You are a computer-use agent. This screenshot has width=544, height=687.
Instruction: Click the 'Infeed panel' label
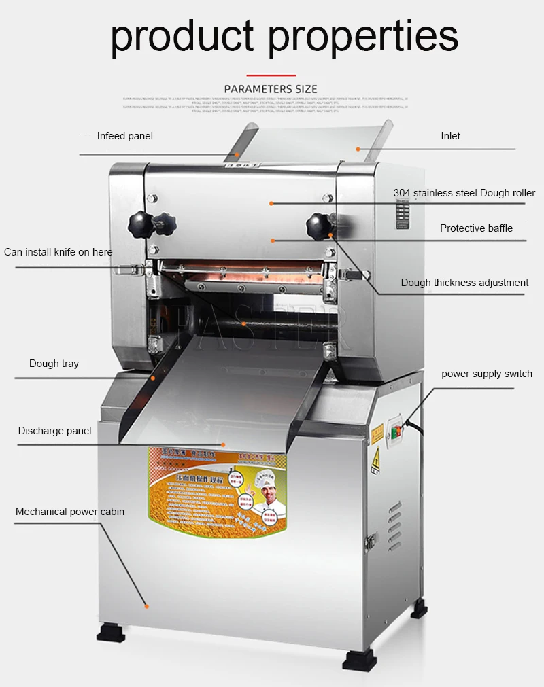[124, 136]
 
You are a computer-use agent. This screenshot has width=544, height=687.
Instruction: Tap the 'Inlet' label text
[450, 136]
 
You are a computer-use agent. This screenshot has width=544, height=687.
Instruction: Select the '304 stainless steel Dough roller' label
[464, 193]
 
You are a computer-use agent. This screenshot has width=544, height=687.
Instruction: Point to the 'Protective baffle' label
[476, 228]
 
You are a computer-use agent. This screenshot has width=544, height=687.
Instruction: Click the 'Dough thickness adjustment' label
[464, 283]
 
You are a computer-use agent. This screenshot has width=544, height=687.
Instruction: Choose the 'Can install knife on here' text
[58, 252]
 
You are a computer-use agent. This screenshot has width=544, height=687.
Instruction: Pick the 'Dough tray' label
[54, 364]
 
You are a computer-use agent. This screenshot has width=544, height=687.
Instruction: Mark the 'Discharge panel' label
[54, 431]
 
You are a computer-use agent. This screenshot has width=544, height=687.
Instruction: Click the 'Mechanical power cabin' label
[70, 512]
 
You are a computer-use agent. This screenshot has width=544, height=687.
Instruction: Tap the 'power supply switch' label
[487, 374]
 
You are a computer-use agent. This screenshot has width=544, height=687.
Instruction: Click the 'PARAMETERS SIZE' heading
[271, 89]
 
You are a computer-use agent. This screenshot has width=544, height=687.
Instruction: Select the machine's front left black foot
[111, 634]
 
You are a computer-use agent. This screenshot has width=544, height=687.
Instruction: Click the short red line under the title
[271, 75]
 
